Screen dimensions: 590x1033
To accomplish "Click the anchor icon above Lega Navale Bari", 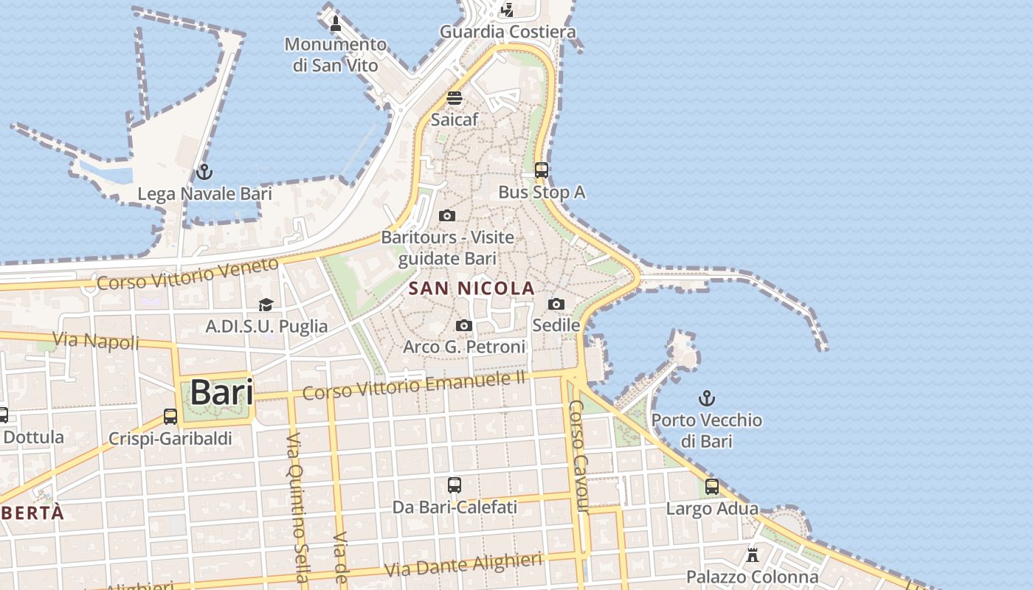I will click(204, 173).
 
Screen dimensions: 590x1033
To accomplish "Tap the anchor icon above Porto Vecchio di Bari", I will click(707, 399).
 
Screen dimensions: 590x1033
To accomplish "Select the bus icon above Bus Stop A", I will click(541, 170).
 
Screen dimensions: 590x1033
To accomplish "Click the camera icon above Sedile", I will click(556, 304).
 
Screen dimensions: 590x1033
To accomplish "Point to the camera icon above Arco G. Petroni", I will click(464, 325).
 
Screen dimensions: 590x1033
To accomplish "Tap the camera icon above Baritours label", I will click(446, 216).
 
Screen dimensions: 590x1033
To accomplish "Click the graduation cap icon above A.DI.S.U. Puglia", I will click(266, 305).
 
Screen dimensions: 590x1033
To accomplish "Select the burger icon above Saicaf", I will click(455, 98).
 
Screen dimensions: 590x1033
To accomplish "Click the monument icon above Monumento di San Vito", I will click(336, 23).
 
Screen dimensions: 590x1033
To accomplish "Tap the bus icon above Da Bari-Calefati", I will click(455, 485).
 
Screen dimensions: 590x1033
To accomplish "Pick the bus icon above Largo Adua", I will click(712, 487).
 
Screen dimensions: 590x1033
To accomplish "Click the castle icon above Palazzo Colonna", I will click(753, 555).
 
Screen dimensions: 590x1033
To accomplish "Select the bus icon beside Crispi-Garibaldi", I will click(170, 417).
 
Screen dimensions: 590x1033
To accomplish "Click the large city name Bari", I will click(221, 393).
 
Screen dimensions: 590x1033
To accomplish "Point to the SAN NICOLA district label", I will click(471, 288).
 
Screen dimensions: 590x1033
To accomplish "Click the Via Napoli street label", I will click(97, 341).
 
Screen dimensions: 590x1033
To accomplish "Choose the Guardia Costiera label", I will click(508, 32).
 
